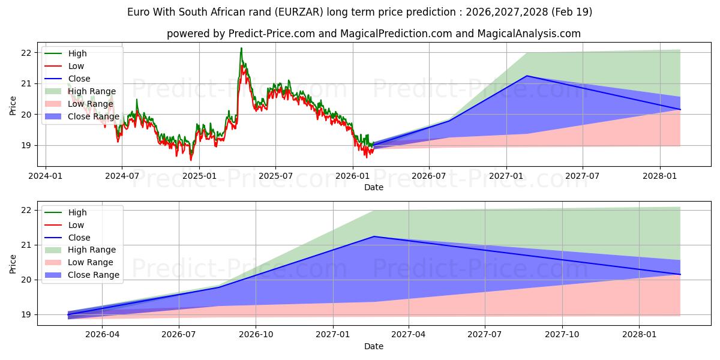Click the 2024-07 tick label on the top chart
(x=122, y=176)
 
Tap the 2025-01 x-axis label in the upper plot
(x=199, y=176)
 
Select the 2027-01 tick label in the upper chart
(x=506, y=176)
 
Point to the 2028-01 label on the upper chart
(x=660, y=176)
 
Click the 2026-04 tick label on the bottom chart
(x=102, y=335)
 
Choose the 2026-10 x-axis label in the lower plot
(x=256, y=335)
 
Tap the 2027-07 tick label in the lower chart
(x=485, y=335)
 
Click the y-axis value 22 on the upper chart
(x=26, y=53)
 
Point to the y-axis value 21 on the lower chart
(x=26, y=245)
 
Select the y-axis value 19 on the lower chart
(x=26, y=314)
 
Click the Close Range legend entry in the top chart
(x=82, y=116)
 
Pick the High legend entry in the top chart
(x=65, y=53)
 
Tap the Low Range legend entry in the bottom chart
(x=79, y=262)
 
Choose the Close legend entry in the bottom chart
(x=67, y=238)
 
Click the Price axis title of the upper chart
(x=13, y=106)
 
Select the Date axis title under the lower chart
(x=373, y=346)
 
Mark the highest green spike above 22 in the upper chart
(x=241, y=48)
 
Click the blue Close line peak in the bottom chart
(x=374, y=236)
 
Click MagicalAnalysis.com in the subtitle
(x=529, y=34)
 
